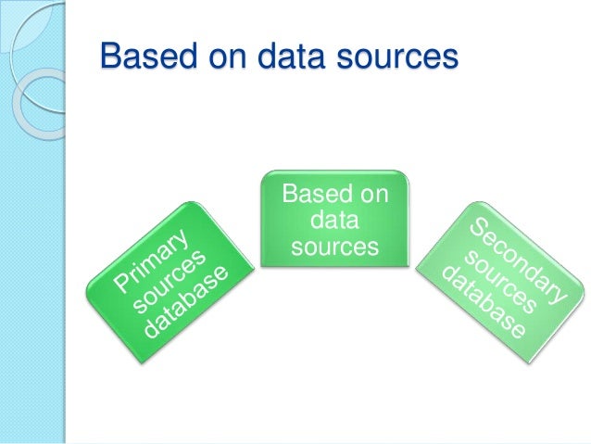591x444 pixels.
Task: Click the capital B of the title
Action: (109, 57)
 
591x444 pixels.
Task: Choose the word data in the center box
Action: (335, 222)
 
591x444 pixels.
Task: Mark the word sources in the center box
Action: (334, 247)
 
